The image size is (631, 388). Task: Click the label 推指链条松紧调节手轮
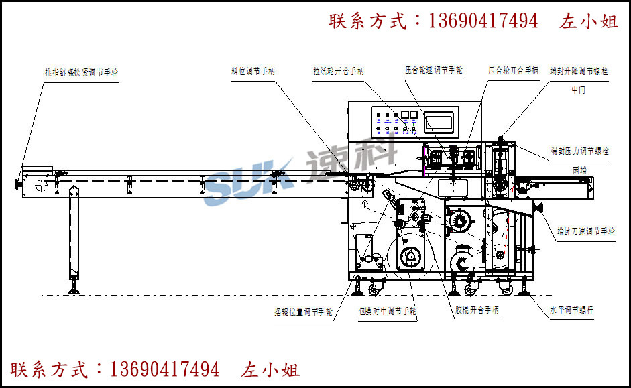pyautogui.click(x=81, y=72)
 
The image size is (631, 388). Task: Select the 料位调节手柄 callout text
pyautogui.click(x=253, y=70)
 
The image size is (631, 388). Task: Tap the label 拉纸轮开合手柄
pyautogui.click(x=338, y=70)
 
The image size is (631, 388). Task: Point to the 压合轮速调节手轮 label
pyautogui.click(x=434, y=70)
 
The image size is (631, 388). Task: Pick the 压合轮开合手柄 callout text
pyautogui.click(x=513, y=70)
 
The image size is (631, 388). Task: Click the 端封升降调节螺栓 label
pyautogui.click(x=579, y=70)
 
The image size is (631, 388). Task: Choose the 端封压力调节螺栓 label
pyautogui.click(x=579, y=151)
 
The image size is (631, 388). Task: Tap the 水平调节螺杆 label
pyautogui.click(x=571, y=310)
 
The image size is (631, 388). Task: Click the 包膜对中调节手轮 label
pyautogui.click(x=388, y=312)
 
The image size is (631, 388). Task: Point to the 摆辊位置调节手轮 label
pyautogui.click(x=303, y=312)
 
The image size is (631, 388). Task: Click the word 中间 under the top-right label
pyautogui.click(x=578, y=90)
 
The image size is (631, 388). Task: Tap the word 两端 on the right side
pyautogui.click(x=579, y=171)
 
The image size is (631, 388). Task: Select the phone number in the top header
pyautogui.click(x=482, y=21)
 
